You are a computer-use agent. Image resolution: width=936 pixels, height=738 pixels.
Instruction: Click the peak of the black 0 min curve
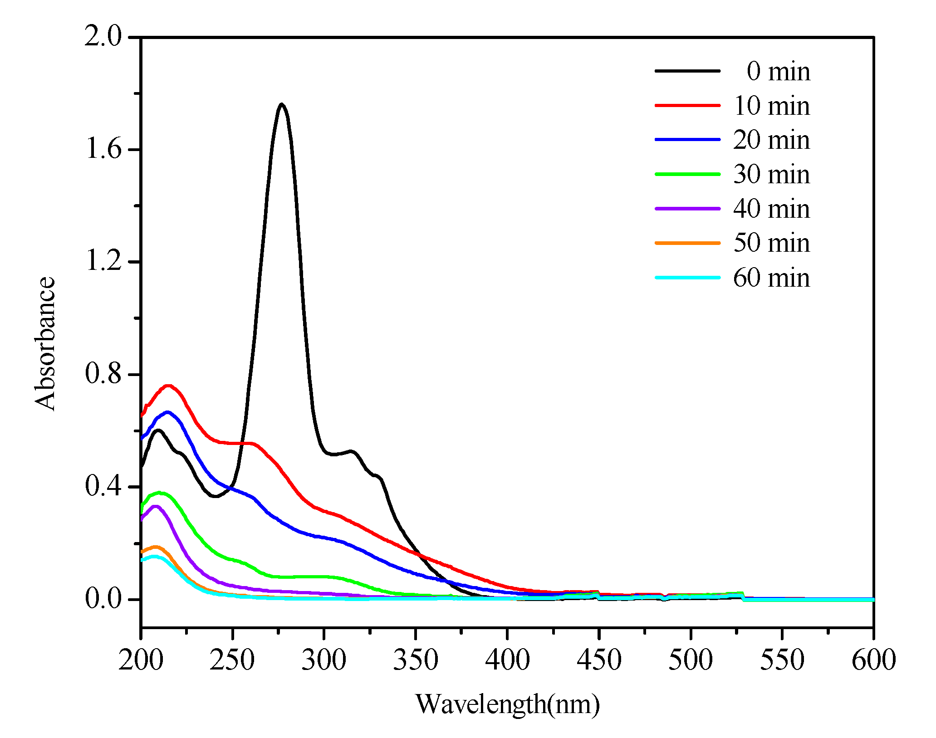pos(282,104)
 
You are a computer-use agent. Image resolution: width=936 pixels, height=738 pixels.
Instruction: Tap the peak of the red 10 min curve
pos(169,386)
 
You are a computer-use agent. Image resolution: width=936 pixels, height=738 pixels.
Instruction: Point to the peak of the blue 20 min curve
pos(167,412)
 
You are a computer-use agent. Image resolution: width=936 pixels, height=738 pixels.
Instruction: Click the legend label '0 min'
pos(778,71)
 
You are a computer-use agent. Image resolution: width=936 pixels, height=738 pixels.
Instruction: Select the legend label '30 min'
pos(771,174)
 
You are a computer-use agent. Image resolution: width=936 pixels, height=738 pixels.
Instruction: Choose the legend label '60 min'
pos(771,278)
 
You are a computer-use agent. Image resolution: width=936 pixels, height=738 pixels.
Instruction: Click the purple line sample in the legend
pos(687,208)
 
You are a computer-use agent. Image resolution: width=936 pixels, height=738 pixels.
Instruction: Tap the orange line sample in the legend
pos(687,243)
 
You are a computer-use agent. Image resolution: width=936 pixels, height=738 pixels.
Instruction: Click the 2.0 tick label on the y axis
pos(103,36)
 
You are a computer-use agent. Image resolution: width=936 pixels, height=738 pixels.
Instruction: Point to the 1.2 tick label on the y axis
pos(103,261)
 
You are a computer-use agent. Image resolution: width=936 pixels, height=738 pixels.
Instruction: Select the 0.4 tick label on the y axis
pos(103,487)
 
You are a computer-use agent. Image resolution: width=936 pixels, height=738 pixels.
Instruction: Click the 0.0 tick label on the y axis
pos(103,599)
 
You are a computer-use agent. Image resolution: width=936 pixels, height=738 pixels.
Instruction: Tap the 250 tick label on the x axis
pos(232,660)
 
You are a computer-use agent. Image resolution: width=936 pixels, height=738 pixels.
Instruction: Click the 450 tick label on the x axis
pos(598,660)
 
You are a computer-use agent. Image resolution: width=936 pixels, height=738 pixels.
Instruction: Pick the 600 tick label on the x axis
pos(873,660)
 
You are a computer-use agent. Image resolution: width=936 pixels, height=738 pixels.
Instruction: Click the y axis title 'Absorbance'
pos(44,343)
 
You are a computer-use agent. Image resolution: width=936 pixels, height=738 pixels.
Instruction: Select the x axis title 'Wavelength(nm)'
pos(507,704)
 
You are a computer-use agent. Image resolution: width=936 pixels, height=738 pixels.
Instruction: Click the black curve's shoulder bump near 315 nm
pos(351,451)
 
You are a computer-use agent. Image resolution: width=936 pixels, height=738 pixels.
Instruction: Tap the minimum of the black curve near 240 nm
pos(215,496)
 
